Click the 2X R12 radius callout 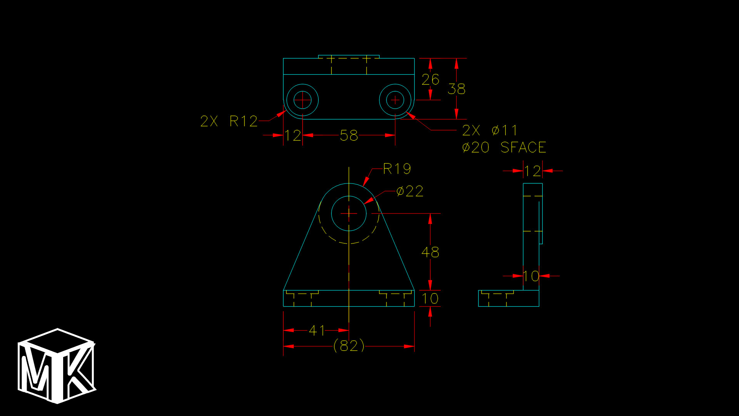[x=229, y=121]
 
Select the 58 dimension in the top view [x=349, y=136]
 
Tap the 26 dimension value [x=430, y=80]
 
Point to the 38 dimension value [x=456, y=89]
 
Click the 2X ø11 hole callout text [x=490, y=131]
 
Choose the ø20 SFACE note [x=504, y=148]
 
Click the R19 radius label [x=397, y=169]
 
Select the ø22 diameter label [x=410, y=191]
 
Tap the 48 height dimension [x=430, y=252]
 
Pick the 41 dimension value [x=317, y=330]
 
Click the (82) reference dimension [x=349, y=346]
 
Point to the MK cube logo [x=57, y=366]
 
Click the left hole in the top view [x=303, y=100]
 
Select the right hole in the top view [x=395, y=100]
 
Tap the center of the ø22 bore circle [x=349, y=213]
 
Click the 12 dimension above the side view [x=532, y=171]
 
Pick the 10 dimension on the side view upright [x=531, y=276]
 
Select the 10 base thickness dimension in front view [x=430, y=299]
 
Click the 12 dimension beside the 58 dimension [x=293, y=136]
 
